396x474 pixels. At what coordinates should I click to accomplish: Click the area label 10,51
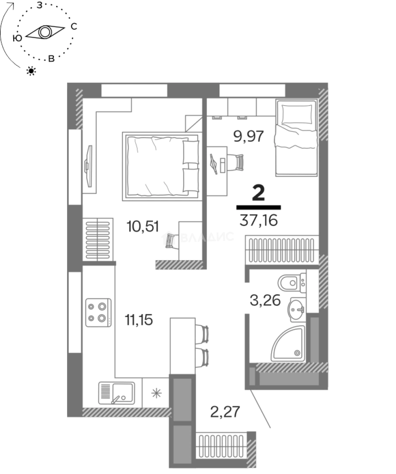click(143, 226)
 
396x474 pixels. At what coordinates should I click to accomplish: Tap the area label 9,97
click(249, 136)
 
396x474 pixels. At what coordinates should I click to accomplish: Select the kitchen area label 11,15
click(139, 320)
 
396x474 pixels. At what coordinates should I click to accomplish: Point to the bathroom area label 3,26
click(265, 301)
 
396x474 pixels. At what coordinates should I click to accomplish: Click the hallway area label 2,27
click(225, 412)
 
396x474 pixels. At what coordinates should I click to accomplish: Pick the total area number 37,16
click(258, 220)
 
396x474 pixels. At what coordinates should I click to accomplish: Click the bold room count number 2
click(258, 193)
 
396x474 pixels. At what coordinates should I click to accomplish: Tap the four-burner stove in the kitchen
click(99, 312)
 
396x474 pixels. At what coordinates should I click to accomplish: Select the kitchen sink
click(117, 393)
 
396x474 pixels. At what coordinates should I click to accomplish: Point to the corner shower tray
click(288, 344)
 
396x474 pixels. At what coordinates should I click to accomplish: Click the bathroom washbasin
click(296, 309)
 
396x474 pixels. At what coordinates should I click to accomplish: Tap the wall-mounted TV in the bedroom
click(88, 166)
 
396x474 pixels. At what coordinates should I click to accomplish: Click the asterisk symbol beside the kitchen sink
click(156, 393)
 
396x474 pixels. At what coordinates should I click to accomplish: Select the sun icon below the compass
click(31, 72)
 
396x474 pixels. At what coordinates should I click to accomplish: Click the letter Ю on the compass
click(18, 38)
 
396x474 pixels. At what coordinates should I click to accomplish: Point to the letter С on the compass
click(74, 27)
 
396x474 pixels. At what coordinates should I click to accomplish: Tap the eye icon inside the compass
click(45, 32)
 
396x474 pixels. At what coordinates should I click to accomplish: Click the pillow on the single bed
click(297, 114)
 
